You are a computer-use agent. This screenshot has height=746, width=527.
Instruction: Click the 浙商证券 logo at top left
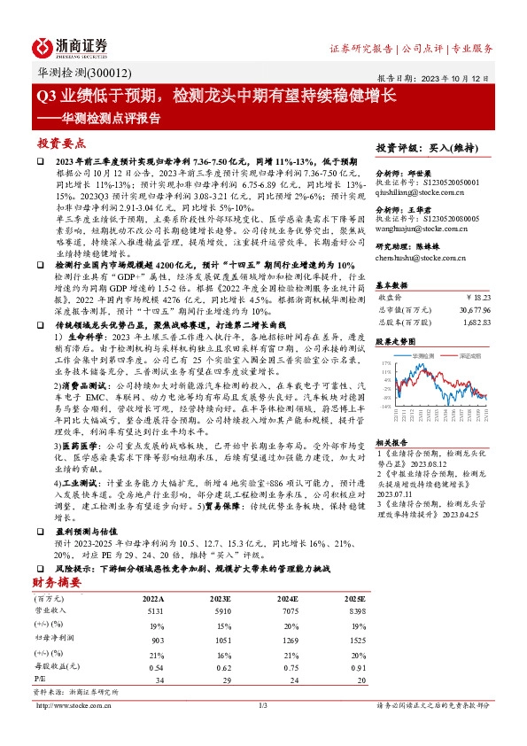point(70,46)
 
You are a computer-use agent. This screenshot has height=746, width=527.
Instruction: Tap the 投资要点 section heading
point(61,143)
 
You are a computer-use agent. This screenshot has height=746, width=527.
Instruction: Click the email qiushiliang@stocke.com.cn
point(416,189)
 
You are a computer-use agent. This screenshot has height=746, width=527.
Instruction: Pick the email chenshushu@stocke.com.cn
point(416,256)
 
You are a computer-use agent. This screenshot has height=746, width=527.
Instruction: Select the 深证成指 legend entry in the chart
point(468,354)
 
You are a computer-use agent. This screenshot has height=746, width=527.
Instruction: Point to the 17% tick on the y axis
point(386,362)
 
